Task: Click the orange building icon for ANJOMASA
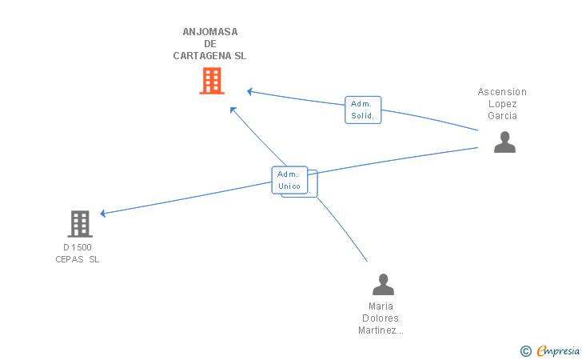point(211,81)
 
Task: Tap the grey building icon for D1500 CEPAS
point(80,224)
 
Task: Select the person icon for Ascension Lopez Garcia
point(504,142)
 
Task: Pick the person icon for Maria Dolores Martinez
point(383,284)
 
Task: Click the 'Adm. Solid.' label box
point(363,110)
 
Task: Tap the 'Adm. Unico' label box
point(289,180)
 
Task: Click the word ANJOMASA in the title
point(210,32)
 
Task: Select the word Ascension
point(502,92)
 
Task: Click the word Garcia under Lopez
point(503,115)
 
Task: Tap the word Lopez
point(503,104)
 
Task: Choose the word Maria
point(381,306)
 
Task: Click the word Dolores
point(381,318)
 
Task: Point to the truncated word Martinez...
point(381,330)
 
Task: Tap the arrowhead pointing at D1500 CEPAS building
point(103,214)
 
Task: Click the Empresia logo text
point(558,350)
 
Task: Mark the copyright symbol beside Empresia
point(525,350)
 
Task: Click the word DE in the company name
point(210,44)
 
